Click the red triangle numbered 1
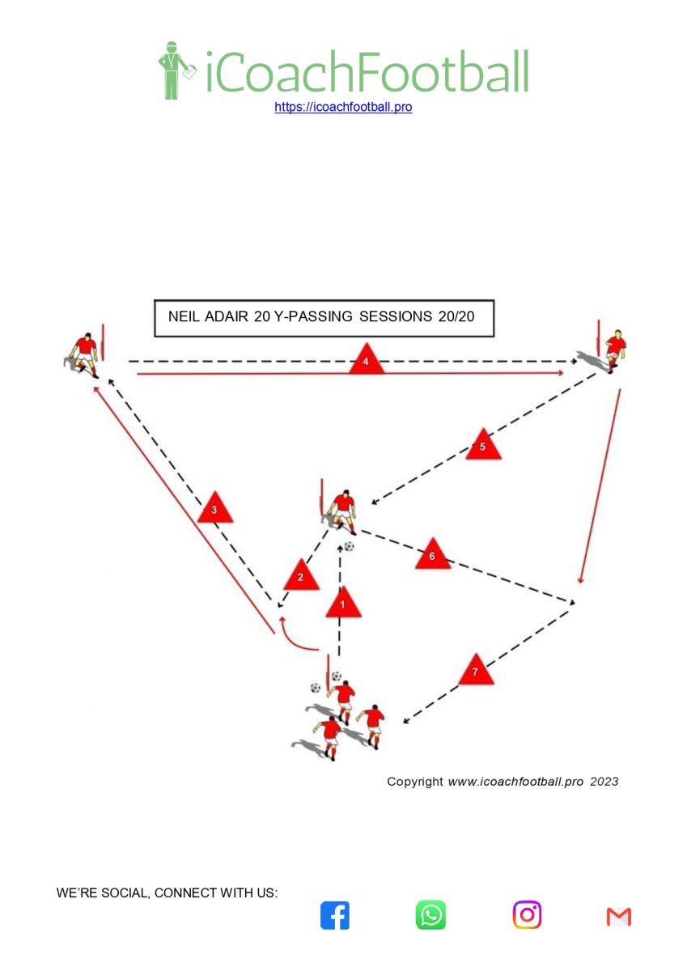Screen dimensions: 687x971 pos(343,604)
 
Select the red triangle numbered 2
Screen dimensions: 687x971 pos(301,576)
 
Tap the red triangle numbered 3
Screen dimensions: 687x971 pos(215,508)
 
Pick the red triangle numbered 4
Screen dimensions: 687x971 pos(367,360)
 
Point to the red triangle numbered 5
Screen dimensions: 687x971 pos(483,445)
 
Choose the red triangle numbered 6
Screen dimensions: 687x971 pos(433,555)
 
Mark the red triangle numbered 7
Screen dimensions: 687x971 pos(476,671)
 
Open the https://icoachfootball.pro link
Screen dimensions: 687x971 pos(343,107)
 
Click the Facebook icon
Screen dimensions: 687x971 pos(335,916)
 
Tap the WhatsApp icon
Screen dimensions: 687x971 pos(430,915)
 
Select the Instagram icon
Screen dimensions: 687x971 pos(527,915)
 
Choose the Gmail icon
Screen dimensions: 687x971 pos(618,917)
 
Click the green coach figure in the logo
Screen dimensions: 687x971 pos(175,70)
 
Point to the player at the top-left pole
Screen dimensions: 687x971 pos(83,355)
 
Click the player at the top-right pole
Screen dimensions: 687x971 pos(612,351)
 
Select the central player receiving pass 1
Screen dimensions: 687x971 pos(342,512)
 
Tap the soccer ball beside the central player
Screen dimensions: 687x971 pos(349,546)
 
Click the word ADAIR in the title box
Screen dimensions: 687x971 pos(226,317)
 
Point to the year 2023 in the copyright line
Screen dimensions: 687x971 pos(604,782)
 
